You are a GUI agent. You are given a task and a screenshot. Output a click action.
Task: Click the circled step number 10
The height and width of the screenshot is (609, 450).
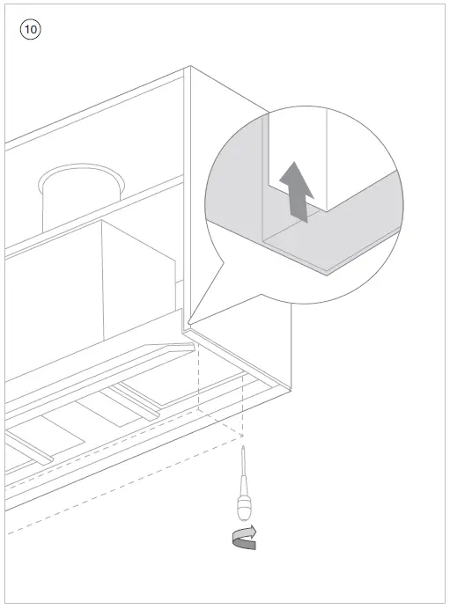click(x=29, y=29)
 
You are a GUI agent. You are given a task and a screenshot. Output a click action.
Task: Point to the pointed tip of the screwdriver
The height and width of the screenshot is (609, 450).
click(x=242, y=446)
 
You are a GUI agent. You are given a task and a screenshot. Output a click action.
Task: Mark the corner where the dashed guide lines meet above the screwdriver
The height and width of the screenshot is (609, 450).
click(x=242, y=434)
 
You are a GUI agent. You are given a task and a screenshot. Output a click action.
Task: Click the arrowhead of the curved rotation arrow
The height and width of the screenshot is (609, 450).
click(x=254, y=531)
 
